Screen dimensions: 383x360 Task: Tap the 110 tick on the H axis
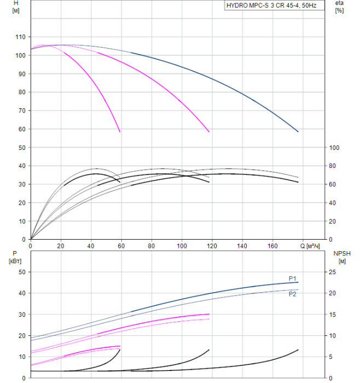20,37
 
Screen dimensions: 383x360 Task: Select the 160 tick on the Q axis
274,246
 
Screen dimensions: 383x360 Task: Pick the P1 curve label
293,278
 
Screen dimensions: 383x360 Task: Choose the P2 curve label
293,294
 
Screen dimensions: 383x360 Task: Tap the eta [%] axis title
339,7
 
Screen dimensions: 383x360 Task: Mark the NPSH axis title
340,257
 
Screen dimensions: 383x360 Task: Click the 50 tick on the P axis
22,272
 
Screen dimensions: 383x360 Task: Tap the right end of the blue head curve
298,131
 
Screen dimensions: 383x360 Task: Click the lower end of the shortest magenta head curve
120,131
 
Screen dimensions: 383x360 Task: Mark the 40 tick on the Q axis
91,246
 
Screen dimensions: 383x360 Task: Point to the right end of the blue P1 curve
298,282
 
